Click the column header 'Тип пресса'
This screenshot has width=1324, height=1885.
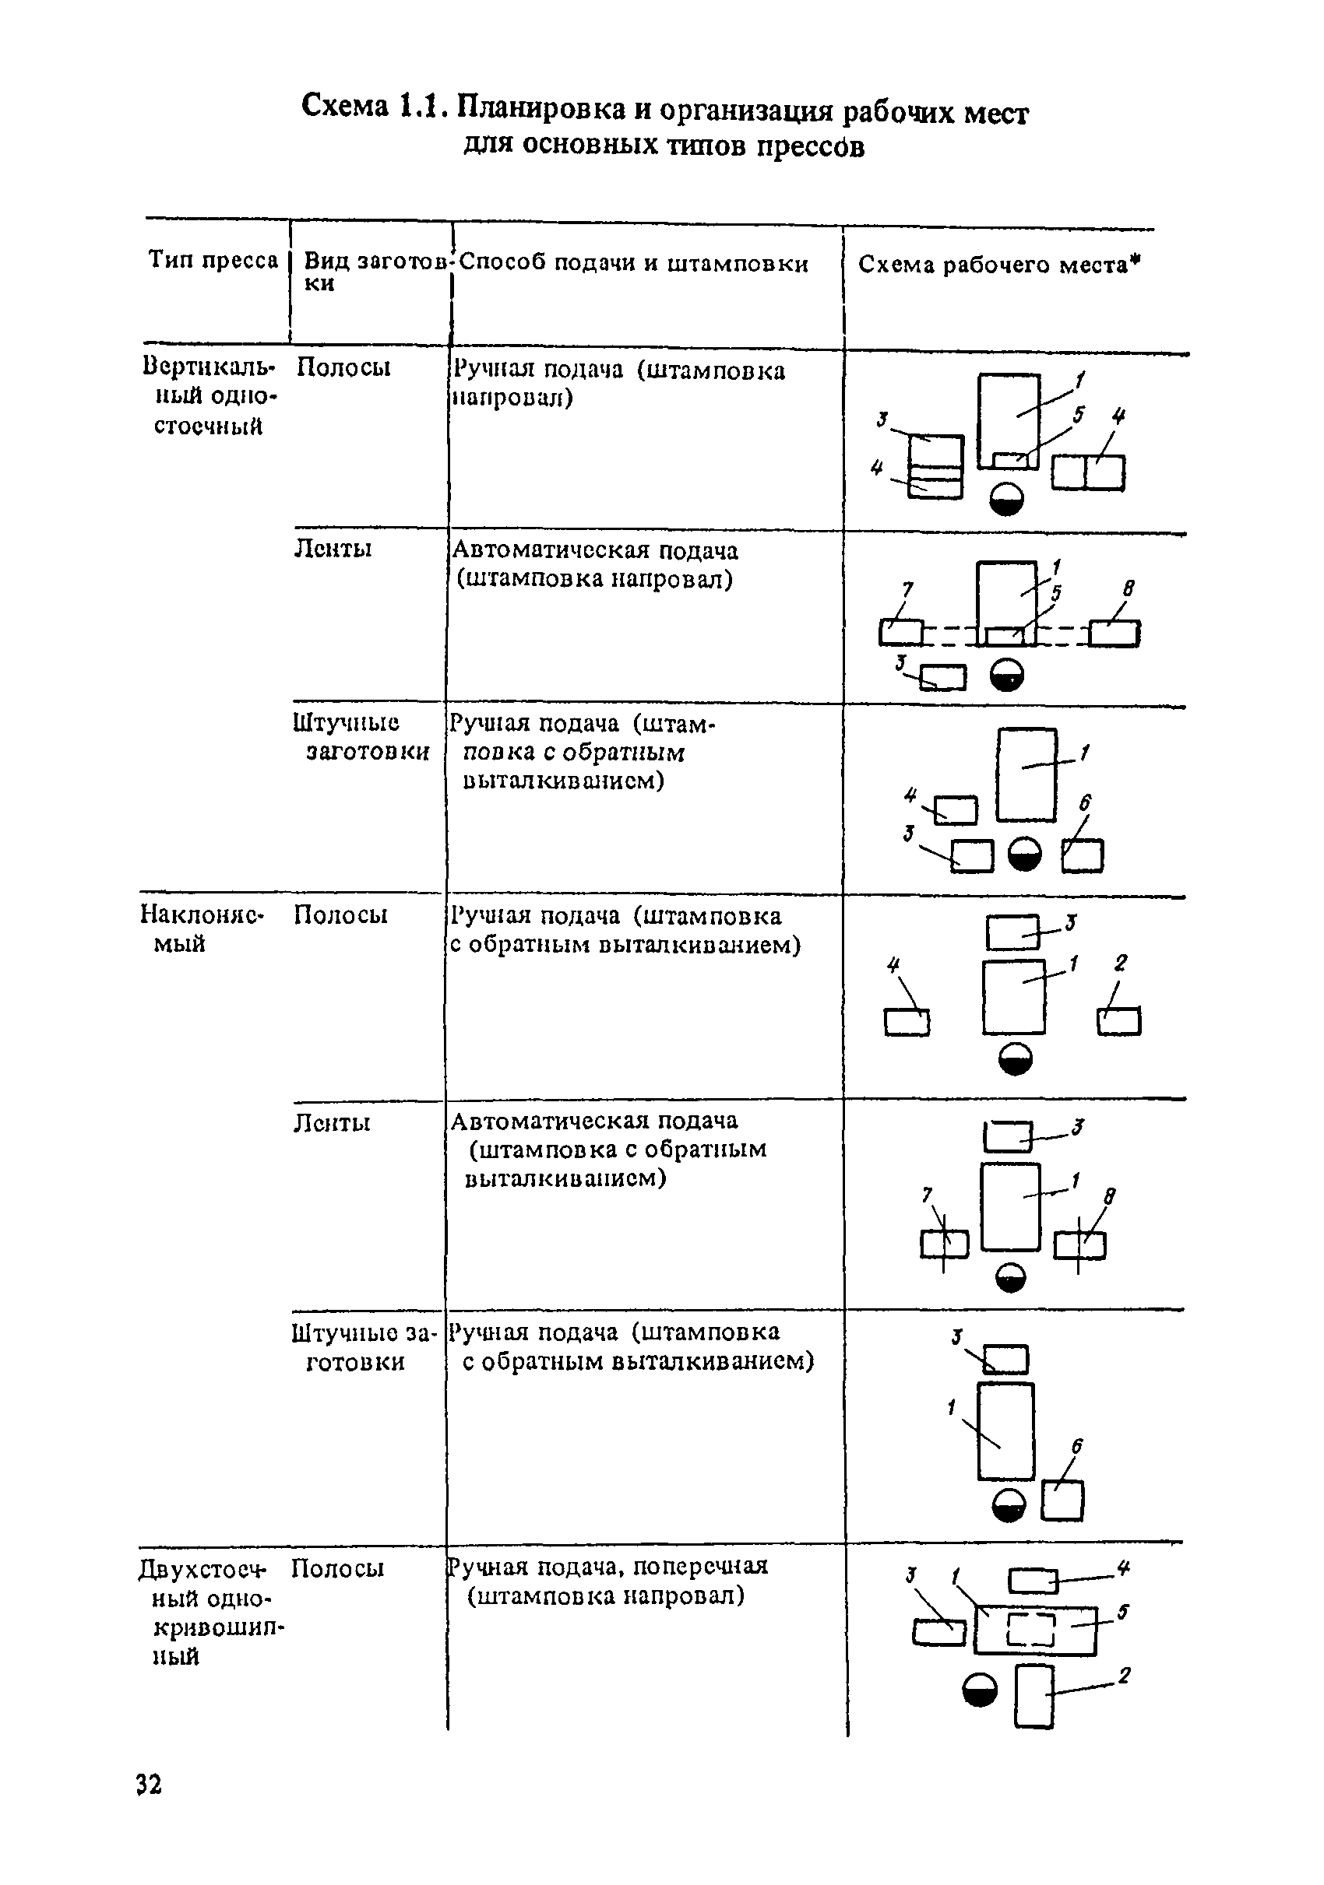[x=213, y=260]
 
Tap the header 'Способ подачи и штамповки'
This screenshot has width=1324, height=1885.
[x=633, y=264]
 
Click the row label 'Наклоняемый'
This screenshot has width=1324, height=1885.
[x=201, y=928]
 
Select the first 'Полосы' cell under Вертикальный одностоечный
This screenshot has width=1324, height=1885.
[x=343, y=367]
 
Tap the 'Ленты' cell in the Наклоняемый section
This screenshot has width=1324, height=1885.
[x=332, y=1122]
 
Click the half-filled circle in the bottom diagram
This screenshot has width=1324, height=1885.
[x=980, y=1690]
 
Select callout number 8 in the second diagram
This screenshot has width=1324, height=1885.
[x=1129, y=588]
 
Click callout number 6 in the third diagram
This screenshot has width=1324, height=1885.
[x=1084, y=803]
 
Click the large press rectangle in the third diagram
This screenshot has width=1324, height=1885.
[x=1026, y=774]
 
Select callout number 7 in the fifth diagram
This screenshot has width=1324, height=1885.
[x=928, y=1195]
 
